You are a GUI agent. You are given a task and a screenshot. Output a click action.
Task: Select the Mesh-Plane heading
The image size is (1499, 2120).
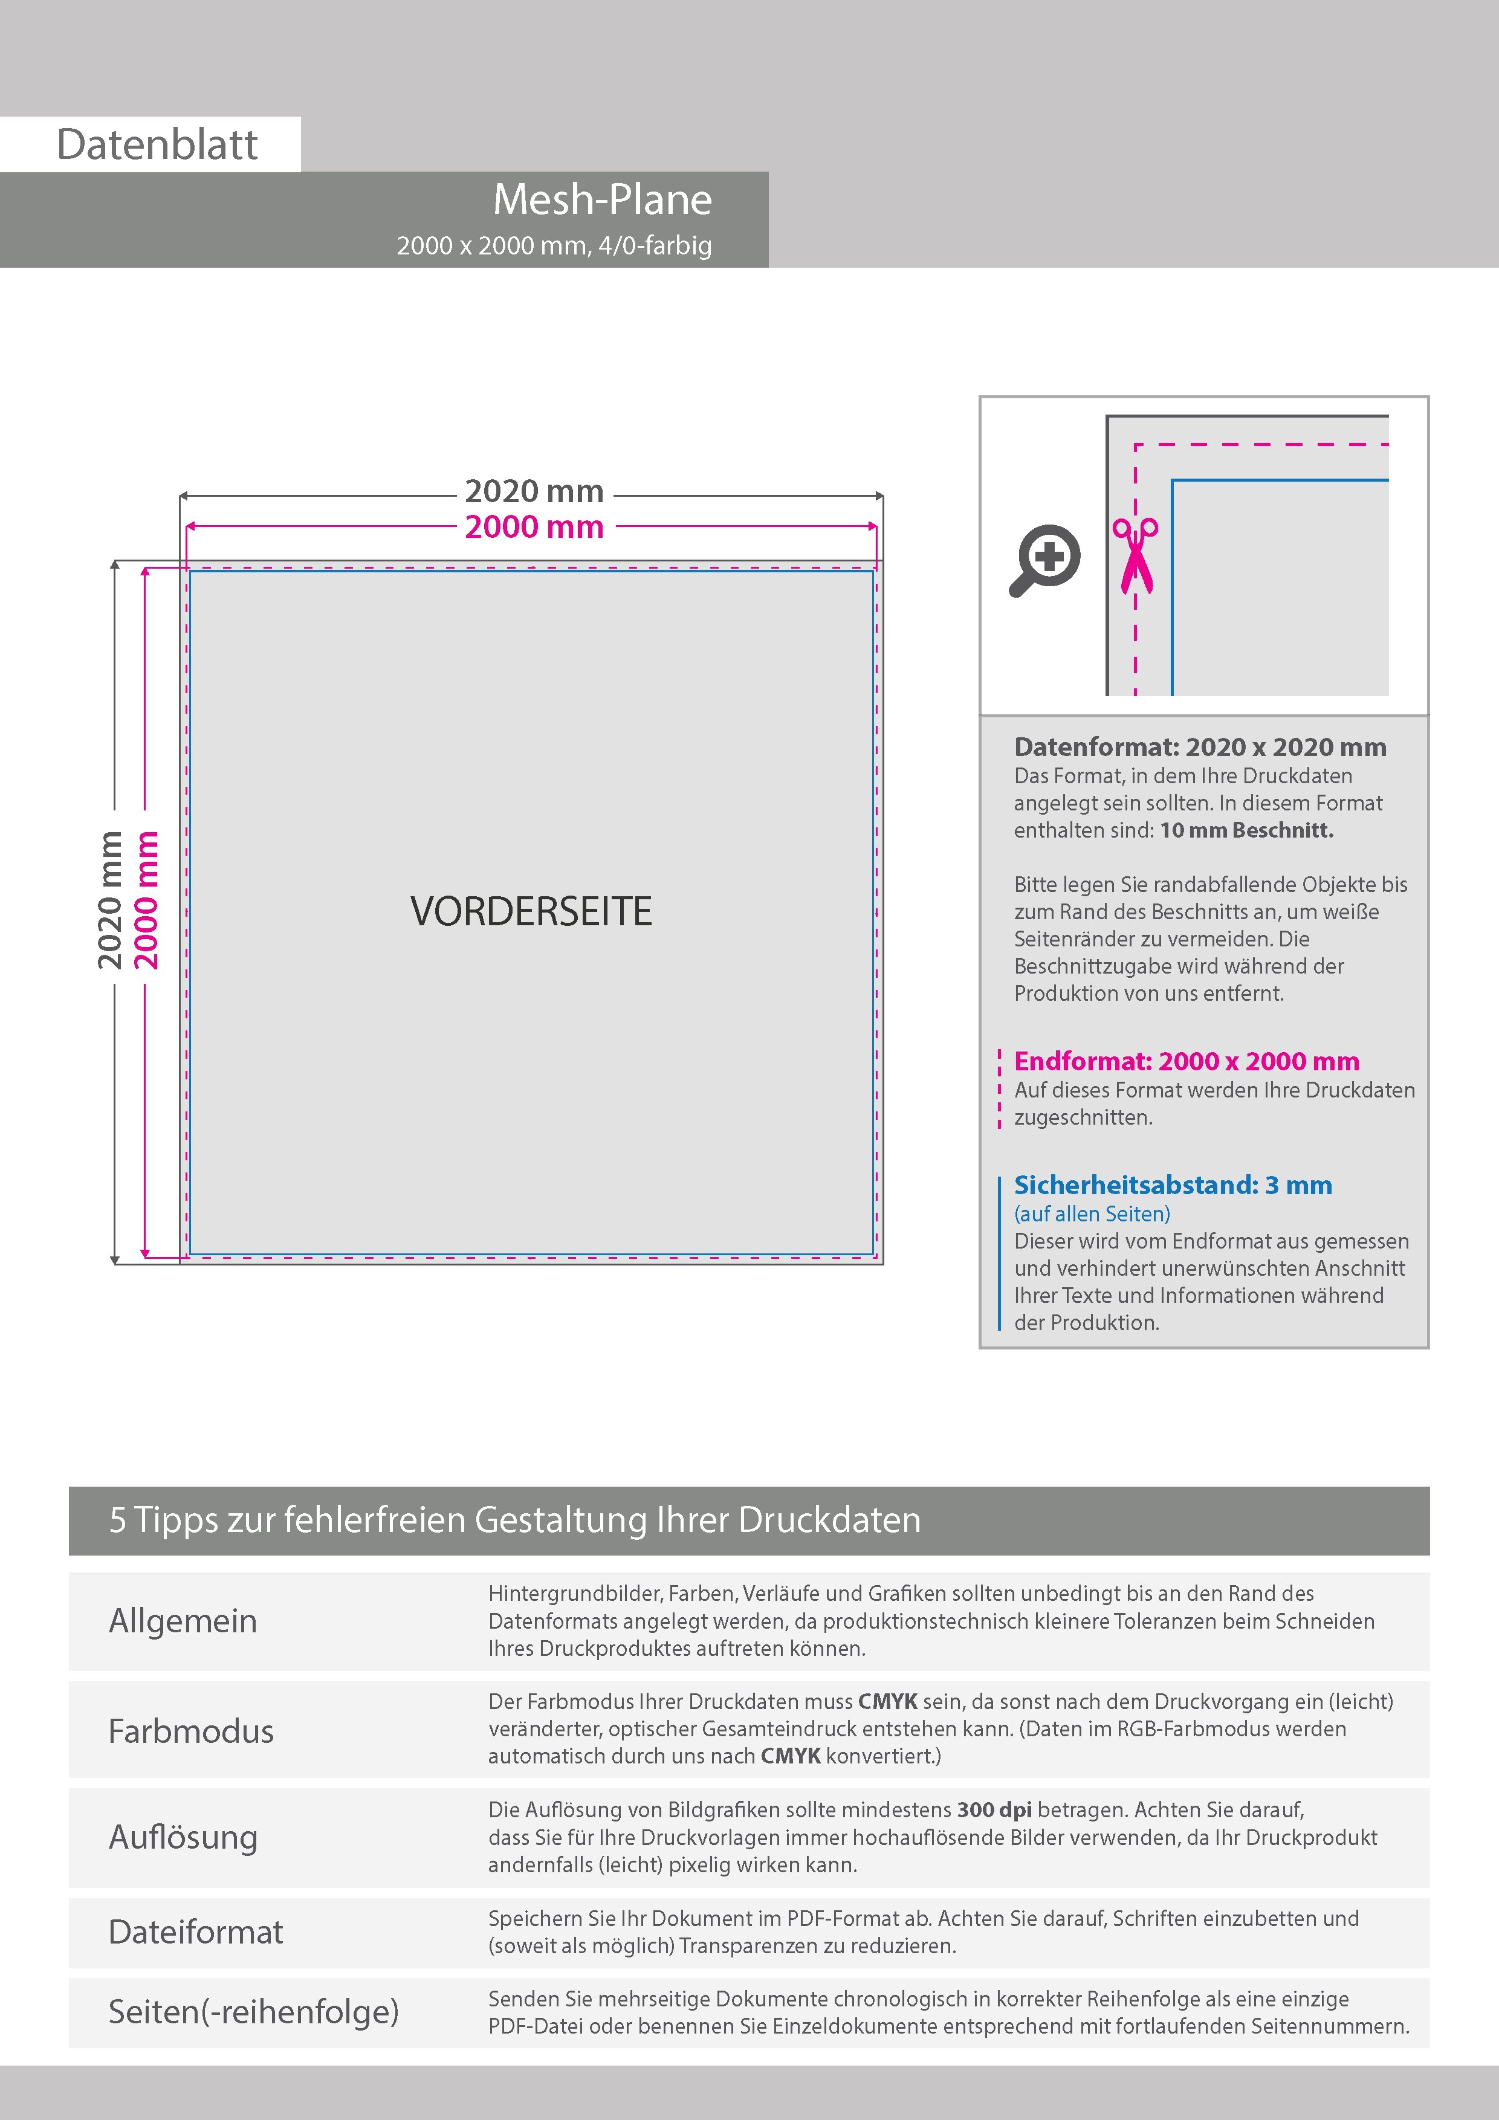pyautogui.click(x=602, y=199)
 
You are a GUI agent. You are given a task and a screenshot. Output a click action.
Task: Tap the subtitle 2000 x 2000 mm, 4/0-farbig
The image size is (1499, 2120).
pyautogui.click(x=554, y=245)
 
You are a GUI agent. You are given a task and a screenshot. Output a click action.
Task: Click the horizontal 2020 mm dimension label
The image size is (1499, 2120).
pyautogui.click(x=534, y=491)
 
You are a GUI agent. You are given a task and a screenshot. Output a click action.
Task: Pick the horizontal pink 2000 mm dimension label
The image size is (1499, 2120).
pyautogui.click(x=534, y=527)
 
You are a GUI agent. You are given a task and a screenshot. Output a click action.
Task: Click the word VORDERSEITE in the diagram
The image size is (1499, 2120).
pyautogui.click(x=531, y=911)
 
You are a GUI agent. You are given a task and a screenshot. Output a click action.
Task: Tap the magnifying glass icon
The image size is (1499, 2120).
pyautogui.click(x=1044, y=560)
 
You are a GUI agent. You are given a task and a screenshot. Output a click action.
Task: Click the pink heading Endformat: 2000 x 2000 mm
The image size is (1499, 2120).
pyautogui.click(x=1186, y=1061)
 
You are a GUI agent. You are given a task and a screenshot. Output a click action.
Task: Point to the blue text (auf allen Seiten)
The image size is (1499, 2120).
pyautogui.click(x=1092, y=1214)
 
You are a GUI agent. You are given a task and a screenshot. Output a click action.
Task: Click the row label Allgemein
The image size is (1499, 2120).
pyautogui.click(x=183, y=1620)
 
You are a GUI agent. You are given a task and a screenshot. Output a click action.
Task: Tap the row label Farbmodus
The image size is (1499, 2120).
pyautogui.click(x=191, y=1730)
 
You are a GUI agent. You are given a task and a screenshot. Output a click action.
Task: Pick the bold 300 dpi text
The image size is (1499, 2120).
pyautogui.click(x=994, y=1810)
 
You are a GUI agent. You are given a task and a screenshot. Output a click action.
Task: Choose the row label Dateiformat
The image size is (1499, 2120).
pyautogui.click(x=196, y=1931)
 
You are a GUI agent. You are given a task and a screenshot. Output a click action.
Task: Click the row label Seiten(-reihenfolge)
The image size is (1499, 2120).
pyautogui.click(x=253, y=2011)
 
